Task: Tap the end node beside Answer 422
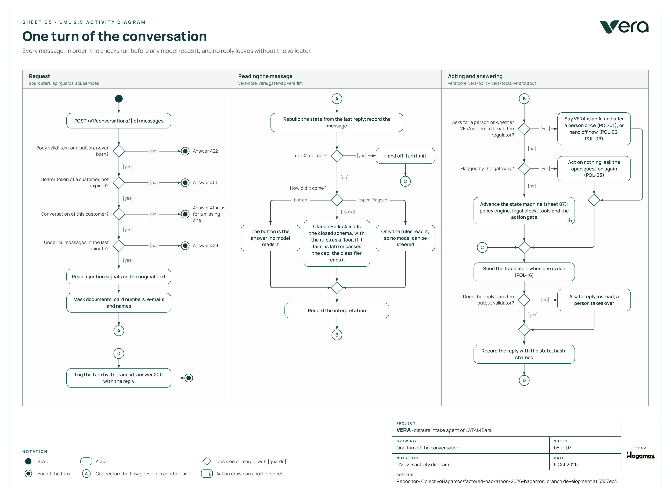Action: coord(185,151)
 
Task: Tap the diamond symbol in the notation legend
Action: coord(207,461)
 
